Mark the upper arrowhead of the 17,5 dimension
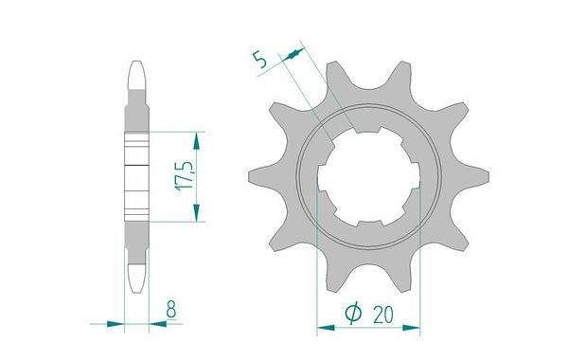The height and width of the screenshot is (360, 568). pos(196,139)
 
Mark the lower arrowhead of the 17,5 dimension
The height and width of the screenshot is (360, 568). pos(196,214)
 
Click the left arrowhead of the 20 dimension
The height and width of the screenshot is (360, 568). pos(323,328)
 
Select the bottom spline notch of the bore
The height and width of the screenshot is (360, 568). pos(364,224)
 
